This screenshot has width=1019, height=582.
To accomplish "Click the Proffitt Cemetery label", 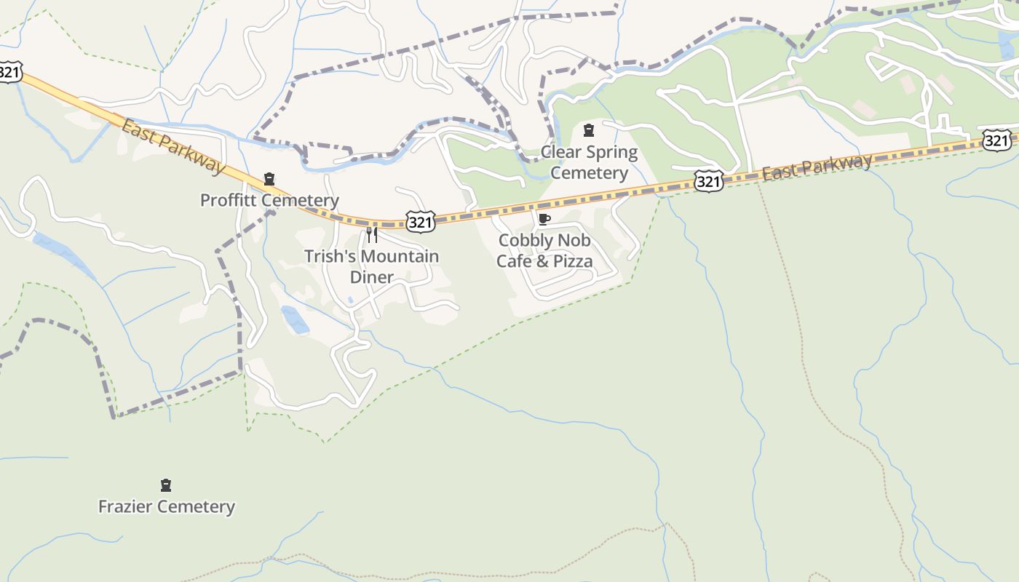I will coord(269,200).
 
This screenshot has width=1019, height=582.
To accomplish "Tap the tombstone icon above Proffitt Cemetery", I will coord(269,179).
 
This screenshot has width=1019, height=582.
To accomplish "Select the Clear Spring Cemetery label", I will coord(589,162).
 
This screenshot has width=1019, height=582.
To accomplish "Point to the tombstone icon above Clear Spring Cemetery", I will coord(589,130).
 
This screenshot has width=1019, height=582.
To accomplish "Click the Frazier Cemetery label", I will coord(167,506).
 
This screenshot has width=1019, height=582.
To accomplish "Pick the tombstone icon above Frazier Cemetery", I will coord(166,485).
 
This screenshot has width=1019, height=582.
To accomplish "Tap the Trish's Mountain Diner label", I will coord(371,266).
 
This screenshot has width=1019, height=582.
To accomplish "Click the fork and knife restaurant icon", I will coord(371,234).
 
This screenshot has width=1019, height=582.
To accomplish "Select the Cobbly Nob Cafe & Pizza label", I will coord(544,250).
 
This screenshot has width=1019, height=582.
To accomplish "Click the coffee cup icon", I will coord(544,219).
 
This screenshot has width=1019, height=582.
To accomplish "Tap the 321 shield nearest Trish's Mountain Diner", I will coord(421,222).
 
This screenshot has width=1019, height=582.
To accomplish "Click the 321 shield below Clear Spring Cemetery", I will coord(708,181).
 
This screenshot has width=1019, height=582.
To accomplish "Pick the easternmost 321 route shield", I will coord(996,140).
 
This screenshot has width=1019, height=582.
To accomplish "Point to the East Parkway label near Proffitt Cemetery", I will coord(173,146).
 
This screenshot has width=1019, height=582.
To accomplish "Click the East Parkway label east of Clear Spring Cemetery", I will coord(817,167).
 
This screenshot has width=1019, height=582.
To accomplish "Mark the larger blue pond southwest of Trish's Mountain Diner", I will coord(295,319).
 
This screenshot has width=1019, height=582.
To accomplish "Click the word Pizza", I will coord(574,260).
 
